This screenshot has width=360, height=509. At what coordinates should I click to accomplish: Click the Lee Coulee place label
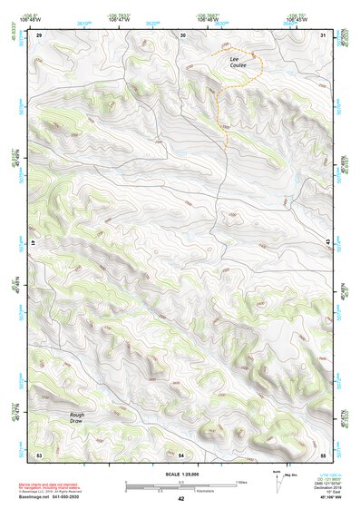click(x=238, y=62)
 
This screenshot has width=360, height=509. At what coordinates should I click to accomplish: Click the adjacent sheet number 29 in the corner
click(x=40, y=34)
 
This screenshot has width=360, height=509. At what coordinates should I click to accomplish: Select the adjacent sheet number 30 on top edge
click(x=183, y=34)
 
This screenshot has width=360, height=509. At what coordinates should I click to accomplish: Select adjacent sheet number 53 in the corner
click(x=39, y=453)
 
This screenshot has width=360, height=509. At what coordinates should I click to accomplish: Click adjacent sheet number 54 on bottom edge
click(x=181, y=453)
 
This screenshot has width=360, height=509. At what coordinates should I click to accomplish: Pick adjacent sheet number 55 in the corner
click(x=323, y=453)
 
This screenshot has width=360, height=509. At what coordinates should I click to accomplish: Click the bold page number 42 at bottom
click(x=180, y=499)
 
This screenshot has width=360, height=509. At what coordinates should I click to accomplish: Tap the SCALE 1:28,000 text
click(x=180, y=473)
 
